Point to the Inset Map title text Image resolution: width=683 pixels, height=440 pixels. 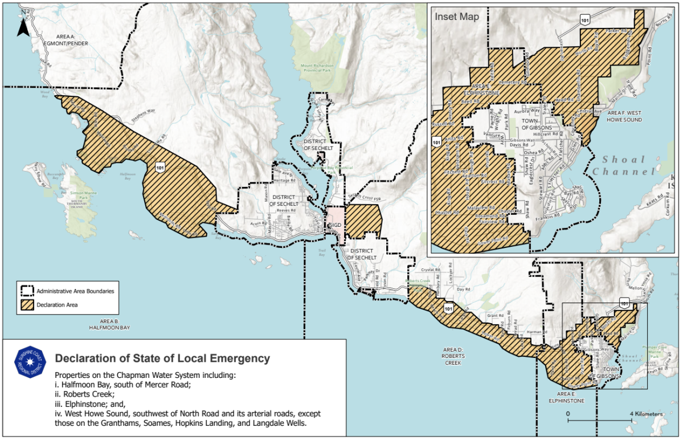[x=457, y=17]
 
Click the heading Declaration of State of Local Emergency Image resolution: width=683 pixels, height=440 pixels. [x=162, y=358]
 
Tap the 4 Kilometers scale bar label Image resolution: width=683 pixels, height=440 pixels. [x=645, y=413]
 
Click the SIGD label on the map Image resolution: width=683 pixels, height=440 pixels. [x=334, y=225]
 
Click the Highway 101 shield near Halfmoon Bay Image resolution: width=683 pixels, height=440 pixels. [x=160, y=166]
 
